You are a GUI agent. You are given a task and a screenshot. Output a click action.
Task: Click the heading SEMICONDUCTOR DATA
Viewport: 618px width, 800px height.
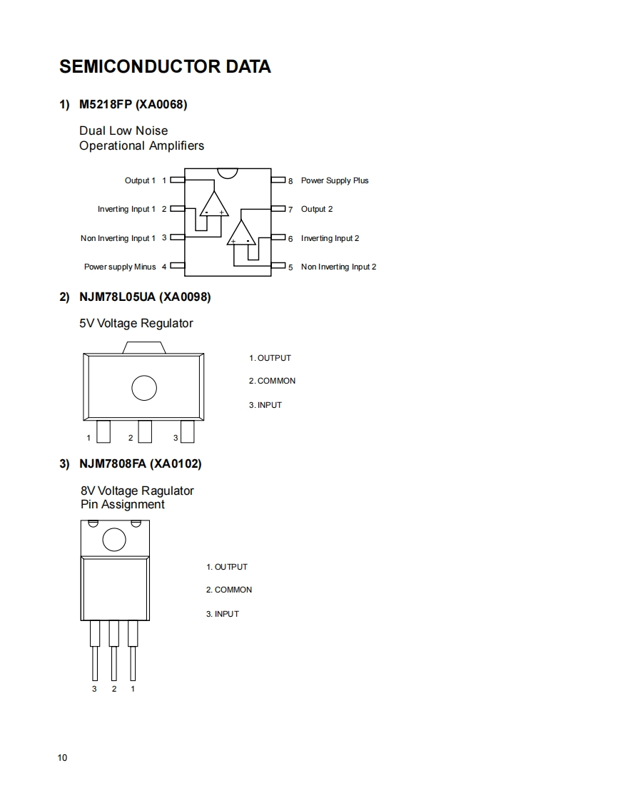(165, 67)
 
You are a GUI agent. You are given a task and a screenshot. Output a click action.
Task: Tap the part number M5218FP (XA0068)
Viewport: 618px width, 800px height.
(133, 105)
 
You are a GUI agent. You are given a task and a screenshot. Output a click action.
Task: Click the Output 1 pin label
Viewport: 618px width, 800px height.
(140, 181)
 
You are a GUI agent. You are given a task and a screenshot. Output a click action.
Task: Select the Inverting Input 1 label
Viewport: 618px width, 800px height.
(126, 210)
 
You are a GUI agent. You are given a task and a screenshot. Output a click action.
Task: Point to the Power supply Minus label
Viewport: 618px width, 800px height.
(120, 267)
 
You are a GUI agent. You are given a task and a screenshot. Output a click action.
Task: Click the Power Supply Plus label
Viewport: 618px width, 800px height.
(335, 181)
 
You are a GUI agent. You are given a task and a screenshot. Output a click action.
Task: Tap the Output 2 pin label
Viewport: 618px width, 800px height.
(317, 210)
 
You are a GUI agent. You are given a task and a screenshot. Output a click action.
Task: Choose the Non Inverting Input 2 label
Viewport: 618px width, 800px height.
(338, 267)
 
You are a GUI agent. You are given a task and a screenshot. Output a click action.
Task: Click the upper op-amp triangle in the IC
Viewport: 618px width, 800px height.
(213, 205)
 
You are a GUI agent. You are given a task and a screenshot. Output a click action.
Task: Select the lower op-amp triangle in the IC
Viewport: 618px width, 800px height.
(241, 234)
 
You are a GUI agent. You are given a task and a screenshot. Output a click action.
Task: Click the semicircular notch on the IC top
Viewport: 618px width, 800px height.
(228, 173)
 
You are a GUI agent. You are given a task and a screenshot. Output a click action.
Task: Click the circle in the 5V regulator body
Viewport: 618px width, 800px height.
(144, 388)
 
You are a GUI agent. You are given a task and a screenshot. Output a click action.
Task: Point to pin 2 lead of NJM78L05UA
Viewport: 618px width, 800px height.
(145, 431)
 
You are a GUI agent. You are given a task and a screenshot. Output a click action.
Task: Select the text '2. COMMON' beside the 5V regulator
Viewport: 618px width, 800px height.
(272, 381)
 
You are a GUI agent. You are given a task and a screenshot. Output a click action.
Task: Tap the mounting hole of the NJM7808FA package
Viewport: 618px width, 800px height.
(114, 540)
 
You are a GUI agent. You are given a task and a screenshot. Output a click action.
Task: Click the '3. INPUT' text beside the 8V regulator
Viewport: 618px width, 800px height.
(223, 615)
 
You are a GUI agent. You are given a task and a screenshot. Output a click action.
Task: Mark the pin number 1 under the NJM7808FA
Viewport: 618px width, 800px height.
(133, 689)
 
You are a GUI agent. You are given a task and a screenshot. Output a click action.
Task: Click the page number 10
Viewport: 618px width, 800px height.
(63, 758)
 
